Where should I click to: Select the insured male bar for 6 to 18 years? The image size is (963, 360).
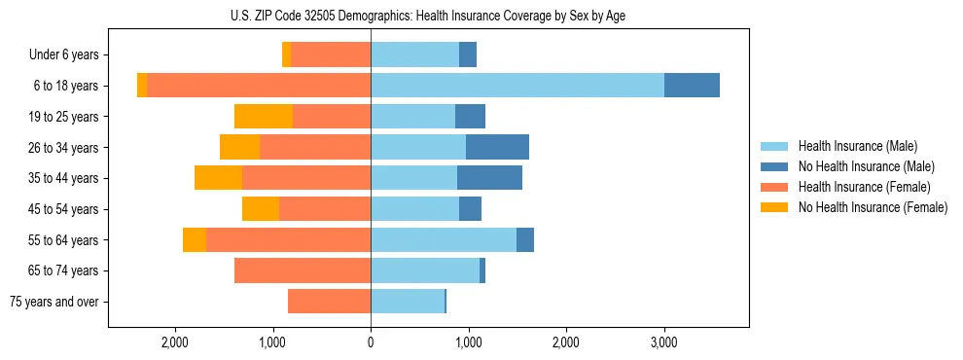tap(517, 86)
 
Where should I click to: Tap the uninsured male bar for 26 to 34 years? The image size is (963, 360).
tap(497, 147)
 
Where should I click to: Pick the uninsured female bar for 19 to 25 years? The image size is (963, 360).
tap(264, 117)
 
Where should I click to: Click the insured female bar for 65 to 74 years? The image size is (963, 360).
tap(303, 270)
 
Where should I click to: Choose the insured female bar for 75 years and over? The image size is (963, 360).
tap(329, 302)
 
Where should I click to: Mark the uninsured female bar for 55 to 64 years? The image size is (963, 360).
tap(195, 239)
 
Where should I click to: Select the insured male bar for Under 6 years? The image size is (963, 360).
tap(414, 54)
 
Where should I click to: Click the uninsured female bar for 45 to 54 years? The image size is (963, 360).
tap(261, 209)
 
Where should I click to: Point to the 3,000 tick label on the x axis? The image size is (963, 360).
tap(663, 343)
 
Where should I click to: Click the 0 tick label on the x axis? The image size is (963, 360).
tap(371, 343)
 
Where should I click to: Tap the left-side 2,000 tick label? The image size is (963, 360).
tap(175, 343)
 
